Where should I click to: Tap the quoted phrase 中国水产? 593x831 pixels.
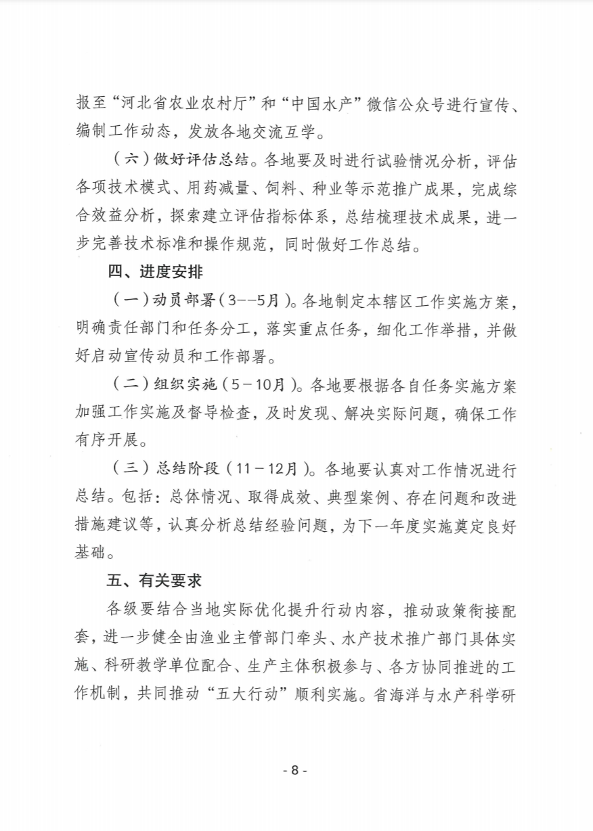click(330, 106)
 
